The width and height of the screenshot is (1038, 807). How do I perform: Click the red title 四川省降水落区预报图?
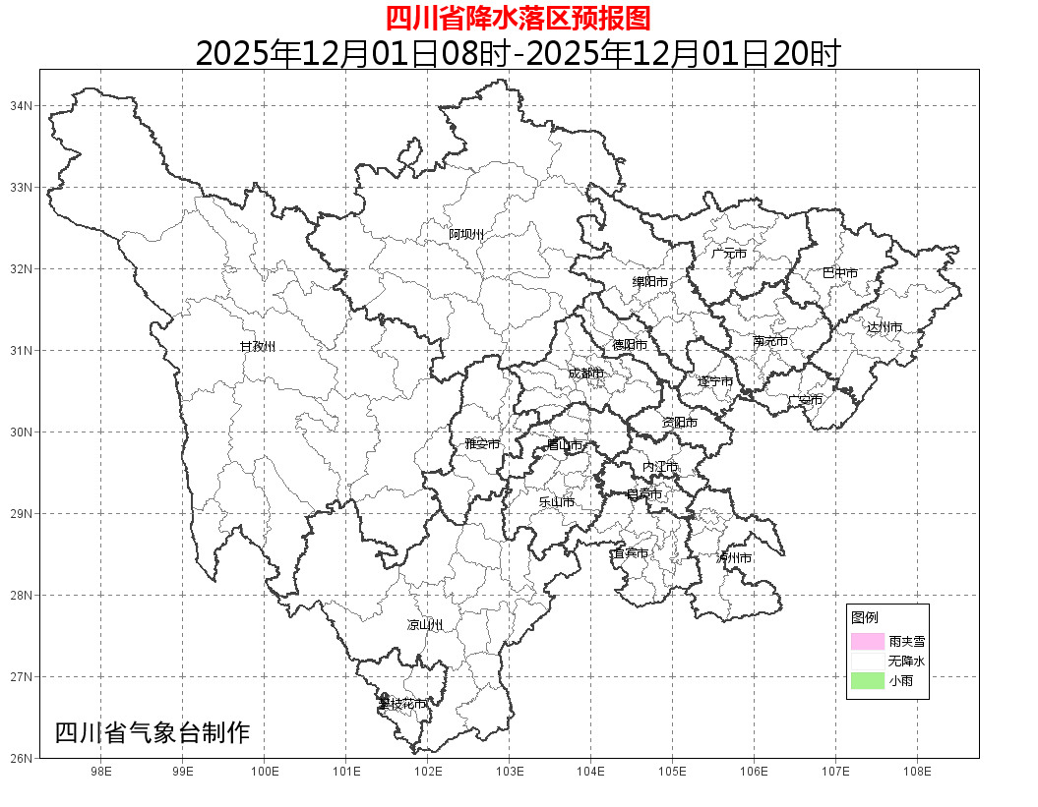pyautogui.click(x=518, y=18)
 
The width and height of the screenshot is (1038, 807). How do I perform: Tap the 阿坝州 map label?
pyautogui.click(x=466, y=234)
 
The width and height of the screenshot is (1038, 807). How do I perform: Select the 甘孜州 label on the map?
pyautogui.click(x=258, y=347)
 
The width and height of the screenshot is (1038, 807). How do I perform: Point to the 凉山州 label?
pyautogui.click(x=425, y=625)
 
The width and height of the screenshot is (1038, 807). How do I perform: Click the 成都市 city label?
pyautogui.click(x=586, y=374)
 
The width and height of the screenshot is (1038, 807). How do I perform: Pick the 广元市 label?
pyautogui.click(x=729, y=254)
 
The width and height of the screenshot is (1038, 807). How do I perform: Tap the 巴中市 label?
pyautogui.click(x=840, y=273)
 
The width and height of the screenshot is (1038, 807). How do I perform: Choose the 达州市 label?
pyautogui.click(x=884, y=327)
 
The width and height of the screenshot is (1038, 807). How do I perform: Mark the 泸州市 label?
pyautogui.click(x=734, y=558)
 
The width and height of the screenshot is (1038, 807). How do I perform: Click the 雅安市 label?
pyautogui.click(x=482, y=444)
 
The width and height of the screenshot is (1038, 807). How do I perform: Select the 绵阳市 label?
pyautogui.click(x=649, y=282)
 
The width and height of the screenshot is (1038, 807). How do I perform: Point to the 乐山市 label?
pyautogui.click(x=556, y=502)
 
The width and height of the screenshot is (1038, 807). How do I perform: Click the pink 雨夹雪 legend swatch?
pyautogui.click(x=868, y=641)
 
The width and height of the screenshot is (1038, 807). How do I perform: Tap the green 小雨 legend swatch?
pyautogui.click(x=868, y=681)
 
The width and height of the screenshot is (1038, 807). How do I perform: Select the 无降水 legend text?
pyautogui.click(x=905, y=662)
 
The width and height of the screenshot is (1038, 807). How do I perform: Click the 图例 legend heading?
pyautogui.click(x=865, y=617)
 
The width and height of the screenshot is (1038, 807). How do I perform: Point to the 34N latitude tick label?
pyautogui.click(x=22, y=105)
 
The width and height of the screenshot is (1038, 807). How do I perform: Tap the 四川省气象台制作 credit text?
pyautogui.click(x=153, y=733)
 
